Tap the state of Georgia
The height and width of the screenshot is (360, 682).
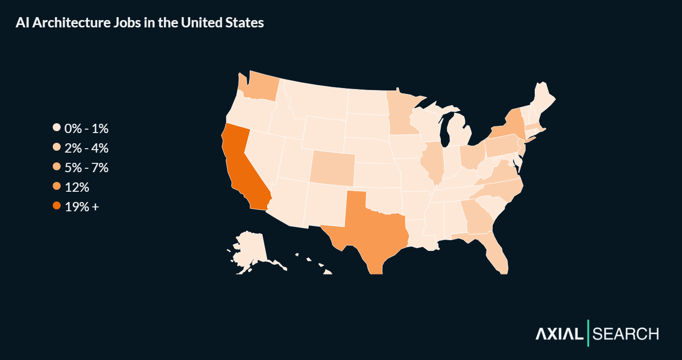(x=477, y=218)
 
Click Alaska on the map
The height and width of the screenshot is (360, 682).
(x=250, y=247)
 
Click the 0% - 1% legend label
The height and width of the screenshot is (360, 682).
(x=86, y=129)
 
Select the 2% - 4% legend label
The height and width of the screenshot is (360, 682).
(x=86, y=148)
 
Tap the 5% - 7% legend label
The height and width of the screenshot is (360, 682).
(x=86, y=168)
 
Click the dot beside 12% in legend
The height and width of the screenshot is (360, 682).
(x=57, y=187)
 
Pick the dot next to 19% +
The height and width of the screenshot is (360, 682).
(x=57, y=206)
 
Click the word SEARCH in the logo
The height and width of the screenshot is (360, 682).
(x=626, y=334)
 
